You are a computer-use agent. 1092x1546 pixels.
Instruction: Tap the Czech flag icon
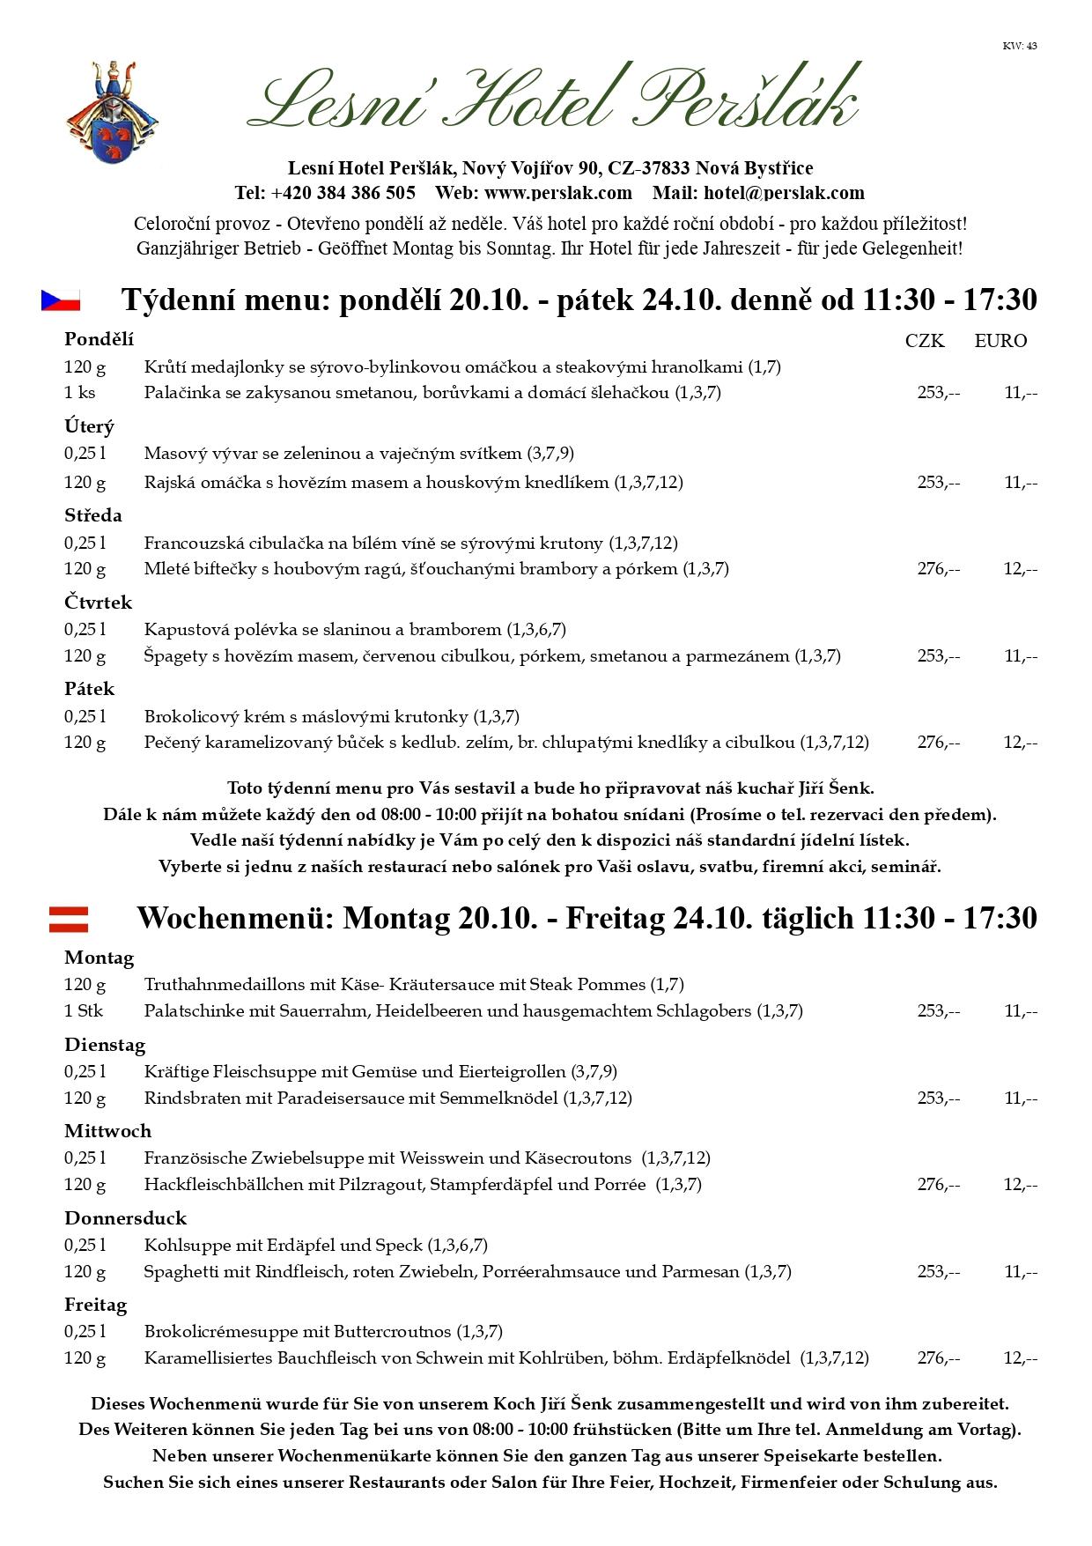tap(61, 300)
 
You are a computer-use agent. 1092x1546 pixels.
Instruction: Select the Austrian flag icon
tap(68, 919)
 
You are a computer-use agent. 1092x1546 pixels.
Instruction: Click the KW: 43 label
tap(1019, 46)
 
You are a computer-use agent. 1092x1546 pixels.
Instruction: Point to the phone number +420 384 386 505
tap(343, 193)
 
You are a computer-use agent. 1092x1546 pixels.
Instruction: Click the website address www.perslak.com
tap(558, 193)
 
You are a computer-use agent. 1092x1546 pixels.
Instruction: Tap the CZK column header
tap(924, 341)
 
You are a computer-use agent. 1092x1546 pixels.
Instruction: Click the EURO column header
tap(1000, 341)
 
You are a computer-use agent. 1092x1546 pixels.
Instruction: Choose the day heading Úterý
tap(89, 427)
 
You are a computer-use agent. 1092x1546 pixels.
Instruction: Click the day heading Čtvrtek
tap(98, 603)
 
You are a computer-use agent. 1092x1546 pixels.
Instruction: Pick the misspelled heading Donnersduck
tap(125, 1218)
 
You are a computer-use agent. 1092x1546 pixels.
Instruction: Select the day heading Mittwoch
tap(107, 1131)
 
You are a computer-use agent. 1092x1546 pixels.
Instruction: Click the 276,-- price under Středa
tap(938, 569)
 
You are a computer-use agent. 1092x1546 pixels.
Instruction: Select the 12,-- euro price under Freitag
tap(1020, 1358)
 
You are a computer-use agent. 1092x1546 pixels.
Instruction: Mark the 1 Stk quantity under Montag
tap(84, 1011)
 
